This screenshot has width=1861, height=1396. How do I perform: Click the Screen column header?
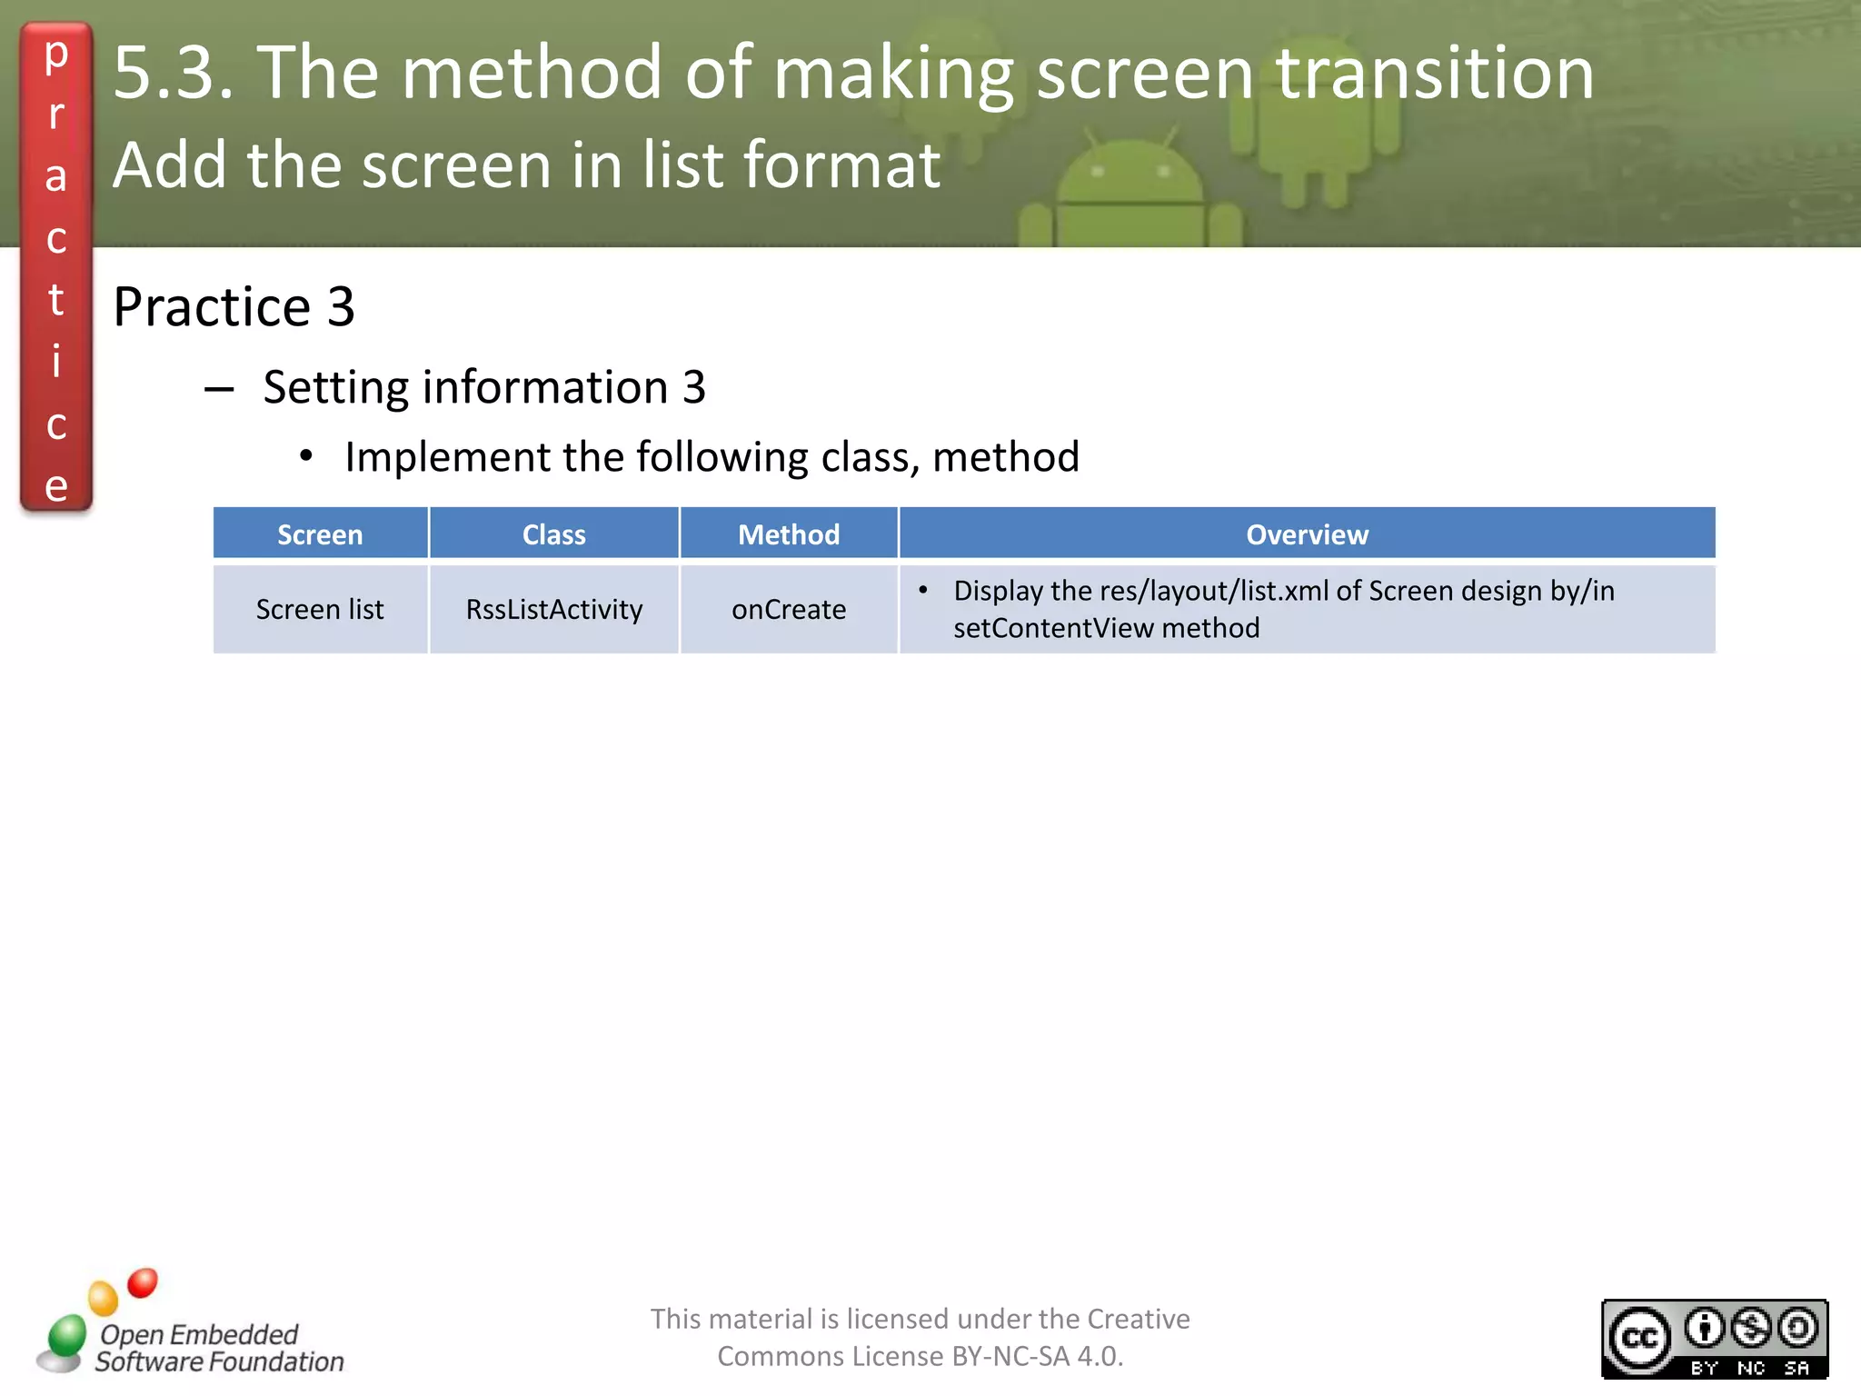point(320,534)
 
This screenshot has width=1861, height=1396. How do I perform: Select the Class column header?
point(553,534)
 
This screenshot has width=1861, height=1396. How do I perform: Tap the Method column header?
point(789,534)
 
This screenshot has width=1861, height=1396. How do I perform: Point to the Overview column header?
point(1307,534)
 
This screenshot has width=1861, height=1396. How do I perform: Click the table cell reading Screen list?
point(320,609)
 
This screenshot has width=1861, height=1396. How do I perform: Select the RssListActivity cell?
point(553,609)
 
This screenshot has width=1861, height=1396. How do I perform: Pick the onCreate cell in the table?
point(789,609)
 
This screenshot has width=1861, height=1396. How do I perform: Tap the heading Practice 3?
point(234,306)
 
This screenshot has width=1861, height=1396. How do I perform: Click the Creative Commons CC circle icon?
point(1640,1339)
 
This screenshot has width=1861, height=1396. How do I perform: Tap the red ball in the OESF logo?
point(143,1282)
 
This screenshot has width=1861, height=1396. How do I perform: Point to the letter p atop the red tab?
point(56,55)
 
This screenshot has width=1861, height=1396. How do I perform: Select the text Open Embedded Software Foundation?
point(218,1348)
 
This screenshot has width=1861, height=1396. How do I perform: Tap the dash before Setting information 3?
point(219,390)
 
